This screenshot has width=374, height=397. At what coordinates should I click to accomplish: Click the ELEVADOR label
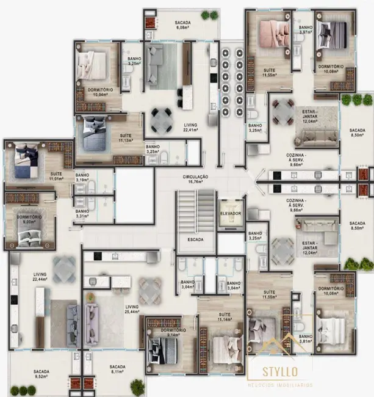(x=231, y=214)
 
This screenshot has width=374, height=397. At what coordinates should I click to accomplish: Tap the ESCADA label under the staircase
(x=195, y=239)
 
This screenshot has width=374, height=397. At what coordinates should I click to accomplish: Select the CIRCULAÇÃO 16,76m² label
(x=195, y=179)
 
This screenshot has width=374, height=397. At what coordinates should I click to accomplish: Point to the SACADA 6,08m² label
(x=183, y=25)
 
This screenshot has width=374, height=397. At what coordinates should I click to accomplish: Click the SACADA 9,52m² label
(x=41, y=374)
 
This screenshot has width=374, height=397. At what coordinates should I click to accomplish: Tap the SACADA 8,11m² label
(x=118, y=370)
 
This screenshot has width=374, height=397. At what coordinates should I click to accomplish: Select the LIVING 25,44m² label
(x=132, y=309)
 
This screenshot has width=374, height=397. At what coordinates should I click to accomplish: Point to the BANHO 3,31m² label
(x=82, y=213)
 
